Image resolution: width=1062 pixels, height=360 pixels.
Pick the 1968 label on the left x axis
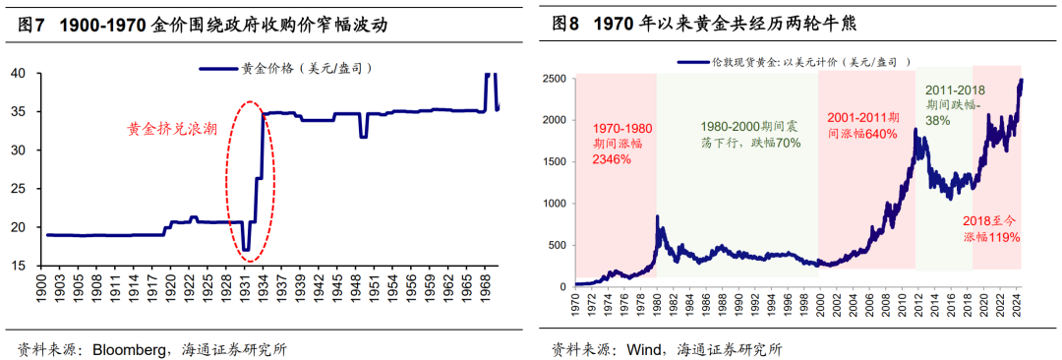click(x=486, y=292)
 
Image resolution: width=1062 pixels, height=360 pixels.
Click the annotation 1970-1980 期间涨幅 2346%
click(x=621, y=144)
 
